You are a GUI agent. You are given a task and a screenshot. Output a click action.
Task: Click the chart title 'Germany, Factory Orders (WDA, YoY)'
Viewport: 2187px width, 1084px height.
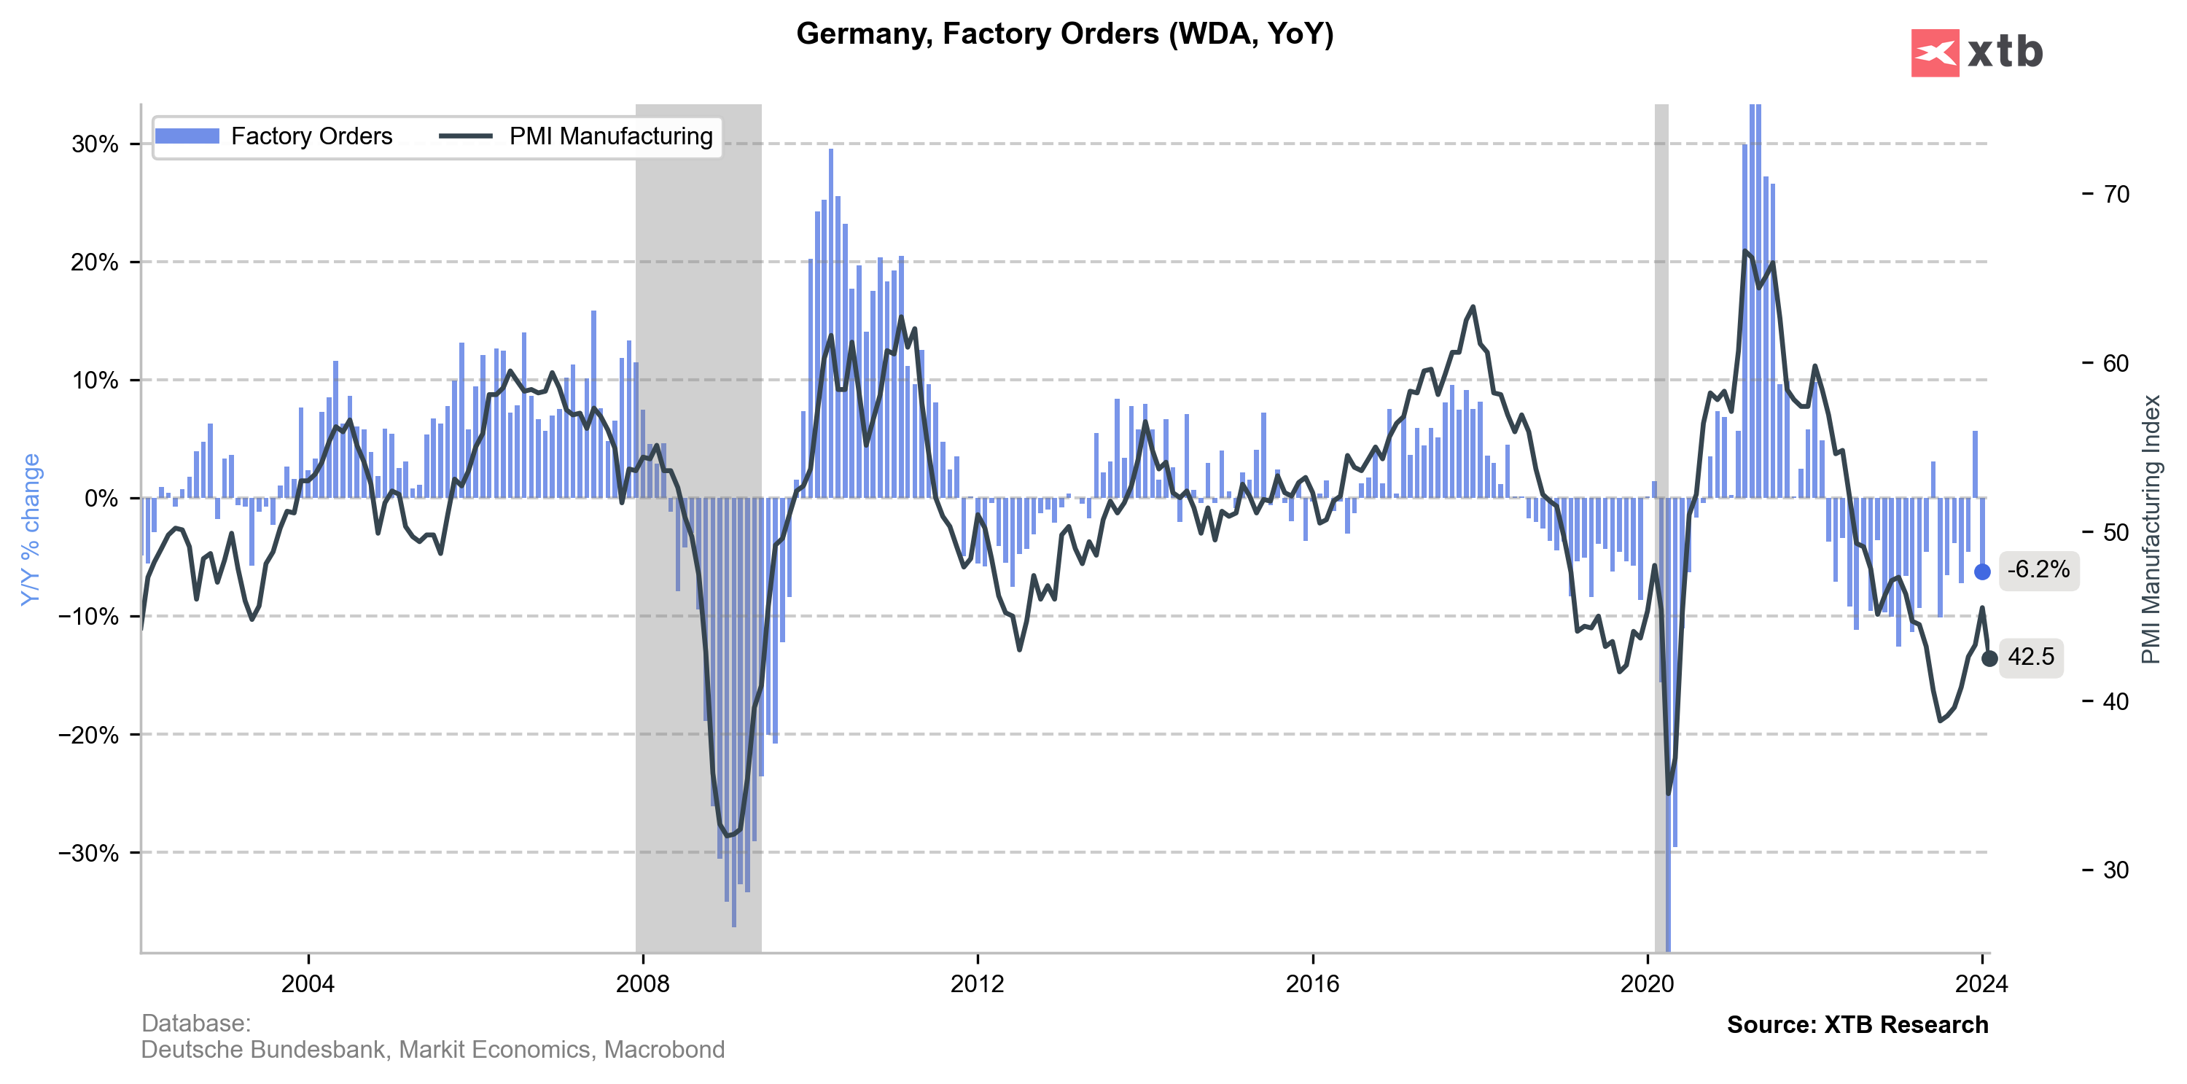[x=1064, y=34]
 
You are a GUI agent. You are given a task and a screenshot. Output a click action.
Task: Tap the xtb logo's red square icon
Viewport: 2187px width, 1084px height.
[x=1935, y=52]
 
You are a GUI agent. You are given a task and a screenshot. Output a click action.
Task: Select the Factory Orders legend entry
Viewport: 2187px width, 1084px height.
[x=273, y=136]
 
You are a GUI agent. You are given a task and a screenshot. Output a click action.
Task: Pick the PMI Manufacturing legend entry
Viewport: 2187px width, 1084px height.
[x=577, y=136]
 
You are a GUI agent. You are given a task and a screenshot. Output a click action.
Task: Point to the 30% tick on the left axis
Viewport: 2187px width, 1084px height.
[x=95, y=144]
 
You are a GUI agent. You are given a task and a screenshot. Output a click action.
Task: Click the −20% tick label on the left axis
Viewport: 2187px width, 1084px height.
[x=88, y=735]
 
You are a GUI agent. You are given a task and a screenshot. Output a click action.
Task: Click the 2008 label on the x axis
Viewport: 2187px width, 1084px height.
[x=643, y=985]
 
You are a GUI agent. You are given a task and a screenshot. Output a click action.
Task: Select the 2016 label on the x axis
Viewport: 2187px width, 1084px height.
[x=1312, y=985]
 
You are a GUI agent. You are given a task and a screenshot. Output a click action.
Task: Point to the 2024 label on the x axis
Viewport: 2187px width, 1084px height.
[x=1981, y=985]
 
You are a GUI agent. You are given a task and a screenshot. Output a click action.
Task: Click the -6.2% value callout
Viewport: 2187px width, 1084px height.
[x=2038, y=569]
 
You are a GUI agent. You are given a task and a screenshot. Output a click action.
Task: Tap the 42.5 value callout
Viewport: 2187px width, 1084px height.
[x=2031, y=657]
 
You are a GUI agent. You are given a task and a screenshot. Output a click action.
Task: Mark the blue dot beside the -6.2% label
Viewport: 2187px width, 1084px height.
[x=1982, y=572]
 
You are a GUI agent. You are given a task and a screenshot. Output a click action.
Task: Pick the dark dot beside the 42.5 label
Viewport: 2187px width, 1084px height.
[x=1989, y=659]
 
